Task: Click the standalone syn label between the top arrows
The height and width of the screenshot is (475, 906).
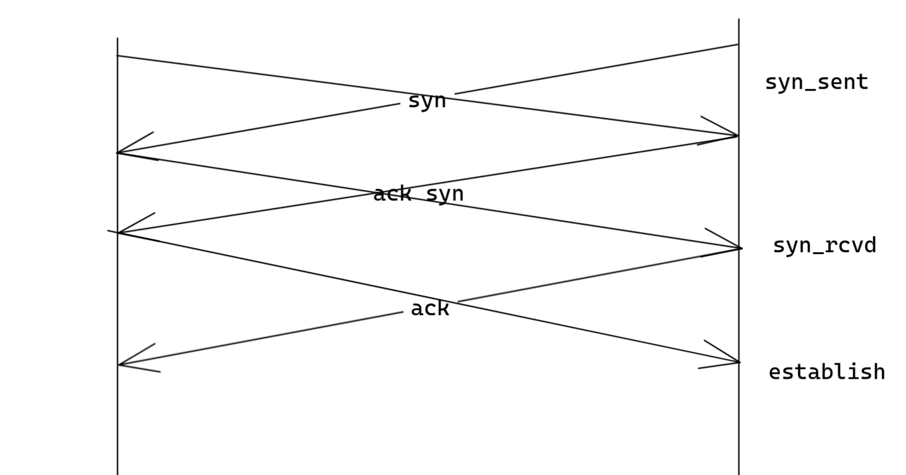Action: coord(426,101)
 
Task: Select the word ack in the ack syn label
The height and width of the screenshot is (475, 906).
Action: coord(392,194)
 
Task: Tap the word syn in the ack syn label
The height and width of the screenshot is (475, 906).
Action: coord(444,194)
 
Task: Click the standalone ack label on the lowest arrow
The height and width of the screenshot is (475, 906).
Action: coord(430,308)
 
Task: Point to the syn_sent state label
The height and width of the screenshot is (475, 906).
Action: coord(816,82)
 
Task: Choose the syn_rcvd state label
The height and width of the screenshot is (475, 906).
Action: coord(824,246)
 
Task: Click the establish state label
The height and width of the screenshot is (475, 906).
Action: coord(826,372)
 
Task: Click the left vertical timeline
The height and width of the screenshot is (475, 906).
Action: coord(118,419)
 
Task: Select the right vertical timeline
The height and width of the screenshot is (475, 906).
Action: coord(738,419)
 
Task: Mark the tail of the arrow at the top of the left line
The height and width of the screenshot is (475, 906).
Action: coord(118,56)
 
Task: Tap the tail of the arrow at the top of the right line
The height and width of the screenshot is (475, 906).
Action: coord(737,45)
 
